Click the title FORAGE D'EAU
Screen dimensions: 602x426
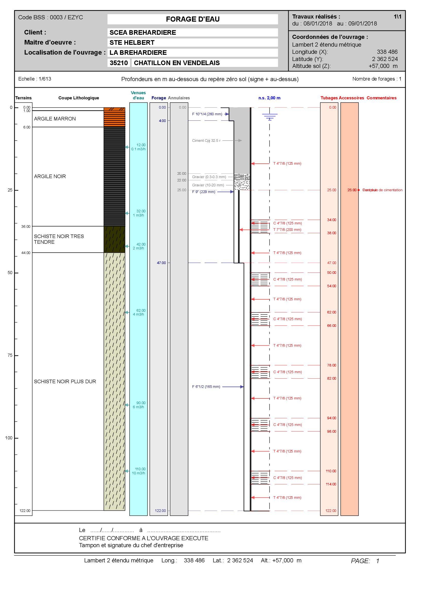[x=193, y=19]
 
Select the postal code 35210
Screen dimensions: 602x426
[x=119, y=63]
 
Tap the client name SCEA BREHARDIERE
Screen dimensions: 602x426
[x=143, y=32]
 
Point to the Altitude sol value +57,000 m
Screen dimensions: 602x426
[x=383, y=66]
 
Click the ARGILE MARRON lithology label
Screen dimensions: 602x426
[x=55, y=119]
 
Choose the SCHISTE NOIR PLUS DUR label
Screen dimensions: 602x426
[x=65, y=381]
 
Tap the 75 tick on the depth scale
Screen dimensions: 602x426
[x=10, y=355]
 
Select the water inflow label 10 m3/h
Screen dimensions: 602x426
[x=138, y=473]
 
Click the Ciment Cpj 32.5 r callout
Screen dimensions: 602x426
[x=206, y=141]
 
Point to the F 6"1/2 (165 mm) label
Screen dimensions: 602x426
[x=206, y=387]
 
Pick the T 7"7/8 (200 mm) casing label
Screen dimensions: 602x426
[x=287, y=230]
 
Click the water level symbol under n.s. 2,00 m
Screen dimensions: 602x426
[x=270, y=116]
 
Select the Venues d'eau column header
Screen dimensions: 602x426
[x=138, y=95]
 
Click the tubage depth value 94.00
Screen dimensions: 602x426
[x=331, y=418]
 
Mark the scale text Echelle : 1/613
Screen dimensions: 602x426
[x=35, y=79]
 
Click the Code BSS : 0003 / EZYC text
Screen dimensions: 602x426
[x=51, y=17]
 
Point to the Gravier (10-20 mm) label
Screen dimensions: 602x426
[x=208, y=185]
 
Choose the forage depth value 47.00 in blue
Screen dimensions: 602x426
[x=161, y=263]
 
